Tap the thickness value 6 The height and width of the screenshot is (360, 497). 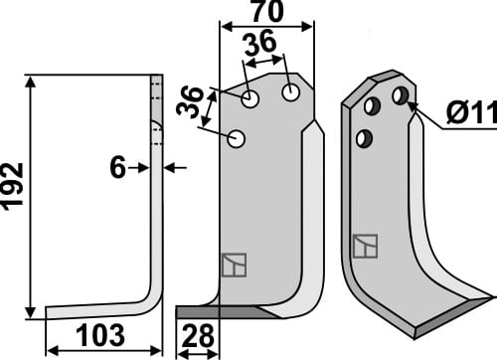coord(118,169)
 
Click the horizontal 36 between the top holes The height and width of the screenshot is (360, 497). coord(260,46)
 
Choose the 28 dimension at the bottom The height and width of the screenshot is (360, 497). coord(199,338)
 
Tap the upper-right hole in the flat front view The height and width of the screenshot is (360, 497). coord(290,92)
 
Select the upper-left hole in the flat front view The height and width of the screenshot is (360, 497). coord(250,99)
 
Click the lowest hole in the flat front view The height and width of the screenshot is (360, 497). coord(237,139)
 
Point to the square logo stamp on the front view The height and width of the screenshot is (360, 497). coord(235,265)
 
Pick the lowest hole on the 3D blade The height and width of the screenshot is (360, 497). coord(365,137)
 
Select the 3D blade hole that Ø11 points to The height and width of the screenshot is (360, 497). coord(400,95)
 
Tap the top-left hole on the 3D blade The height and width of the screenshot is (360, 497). coord(374,105)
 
